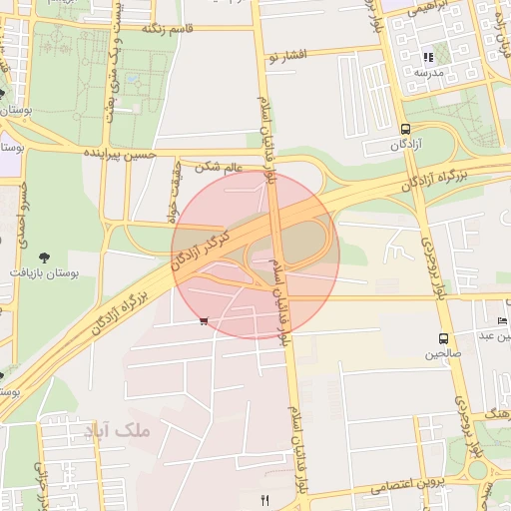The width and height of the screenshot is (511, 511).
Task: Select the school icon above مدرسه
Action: pos(428,57)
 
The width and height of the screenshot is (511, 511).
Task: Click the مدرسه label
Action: pos(429,73)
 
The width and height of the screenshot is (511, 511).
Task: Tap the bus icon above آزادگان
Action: pos(405,129)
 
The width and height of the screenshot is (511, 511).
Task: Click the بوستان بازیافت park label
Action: pos(41,271)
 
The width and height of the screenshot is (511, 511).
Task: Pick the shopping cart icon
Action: pos(204,321)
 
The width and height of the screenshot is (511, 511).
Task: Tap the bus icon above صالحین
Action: pos(443,338)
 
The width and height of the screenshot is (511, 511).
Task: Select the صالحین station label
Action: pos(443,353)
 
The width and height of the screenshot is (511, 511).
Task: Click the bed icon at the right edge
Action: pos(502,320)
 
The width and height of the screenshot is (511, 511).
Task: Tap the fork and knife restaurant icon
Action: pos(264,499)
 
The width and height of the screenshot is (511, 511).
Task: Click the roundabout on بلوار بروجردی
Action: pos(477,469)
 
